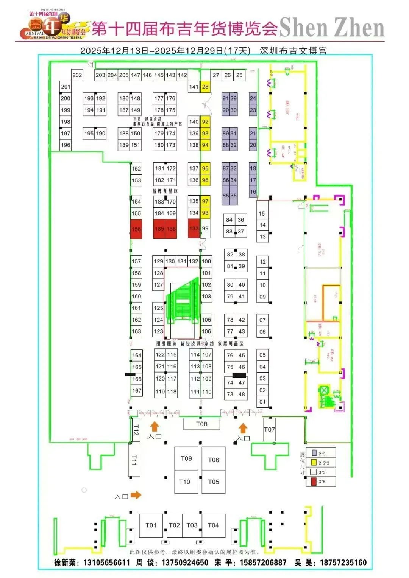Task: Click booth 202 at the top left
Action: click(x=77, y=75)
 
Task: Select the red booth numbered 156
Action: click(x=136, y=229)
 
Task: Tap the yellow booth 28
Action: click(x=205, y=87)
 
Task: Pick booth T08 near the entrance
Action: click(x=202, y=424)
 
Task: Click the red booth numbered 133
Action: click(x=194, y=228)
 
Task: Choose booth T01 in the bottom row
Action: click(x=151, y=525)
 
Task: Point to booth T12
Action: click(x=136, y=430)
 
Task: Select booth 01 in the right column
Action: click(x=262, y=402)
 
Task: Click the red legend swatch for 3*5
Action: click(x=314, y=482)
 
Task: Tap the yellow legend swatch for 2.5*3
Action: click(x=314, y=462)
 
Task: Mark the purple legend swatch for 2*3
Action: click(x=314, y=453)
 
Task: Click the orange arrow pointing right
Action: click(x=136, y=495)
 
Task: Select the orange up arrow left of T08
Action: click(x=154, y=427)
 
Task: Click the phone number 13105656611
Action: click(x=106, y=562)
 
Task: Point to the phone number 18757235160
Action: click(x=343, y=562)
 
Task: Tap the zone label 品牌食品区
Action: click(x=165, y=191)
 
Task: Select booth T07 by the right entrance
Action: click(x=269, y=429)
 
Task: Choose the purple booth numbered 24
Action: click(x=253, y=98)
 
